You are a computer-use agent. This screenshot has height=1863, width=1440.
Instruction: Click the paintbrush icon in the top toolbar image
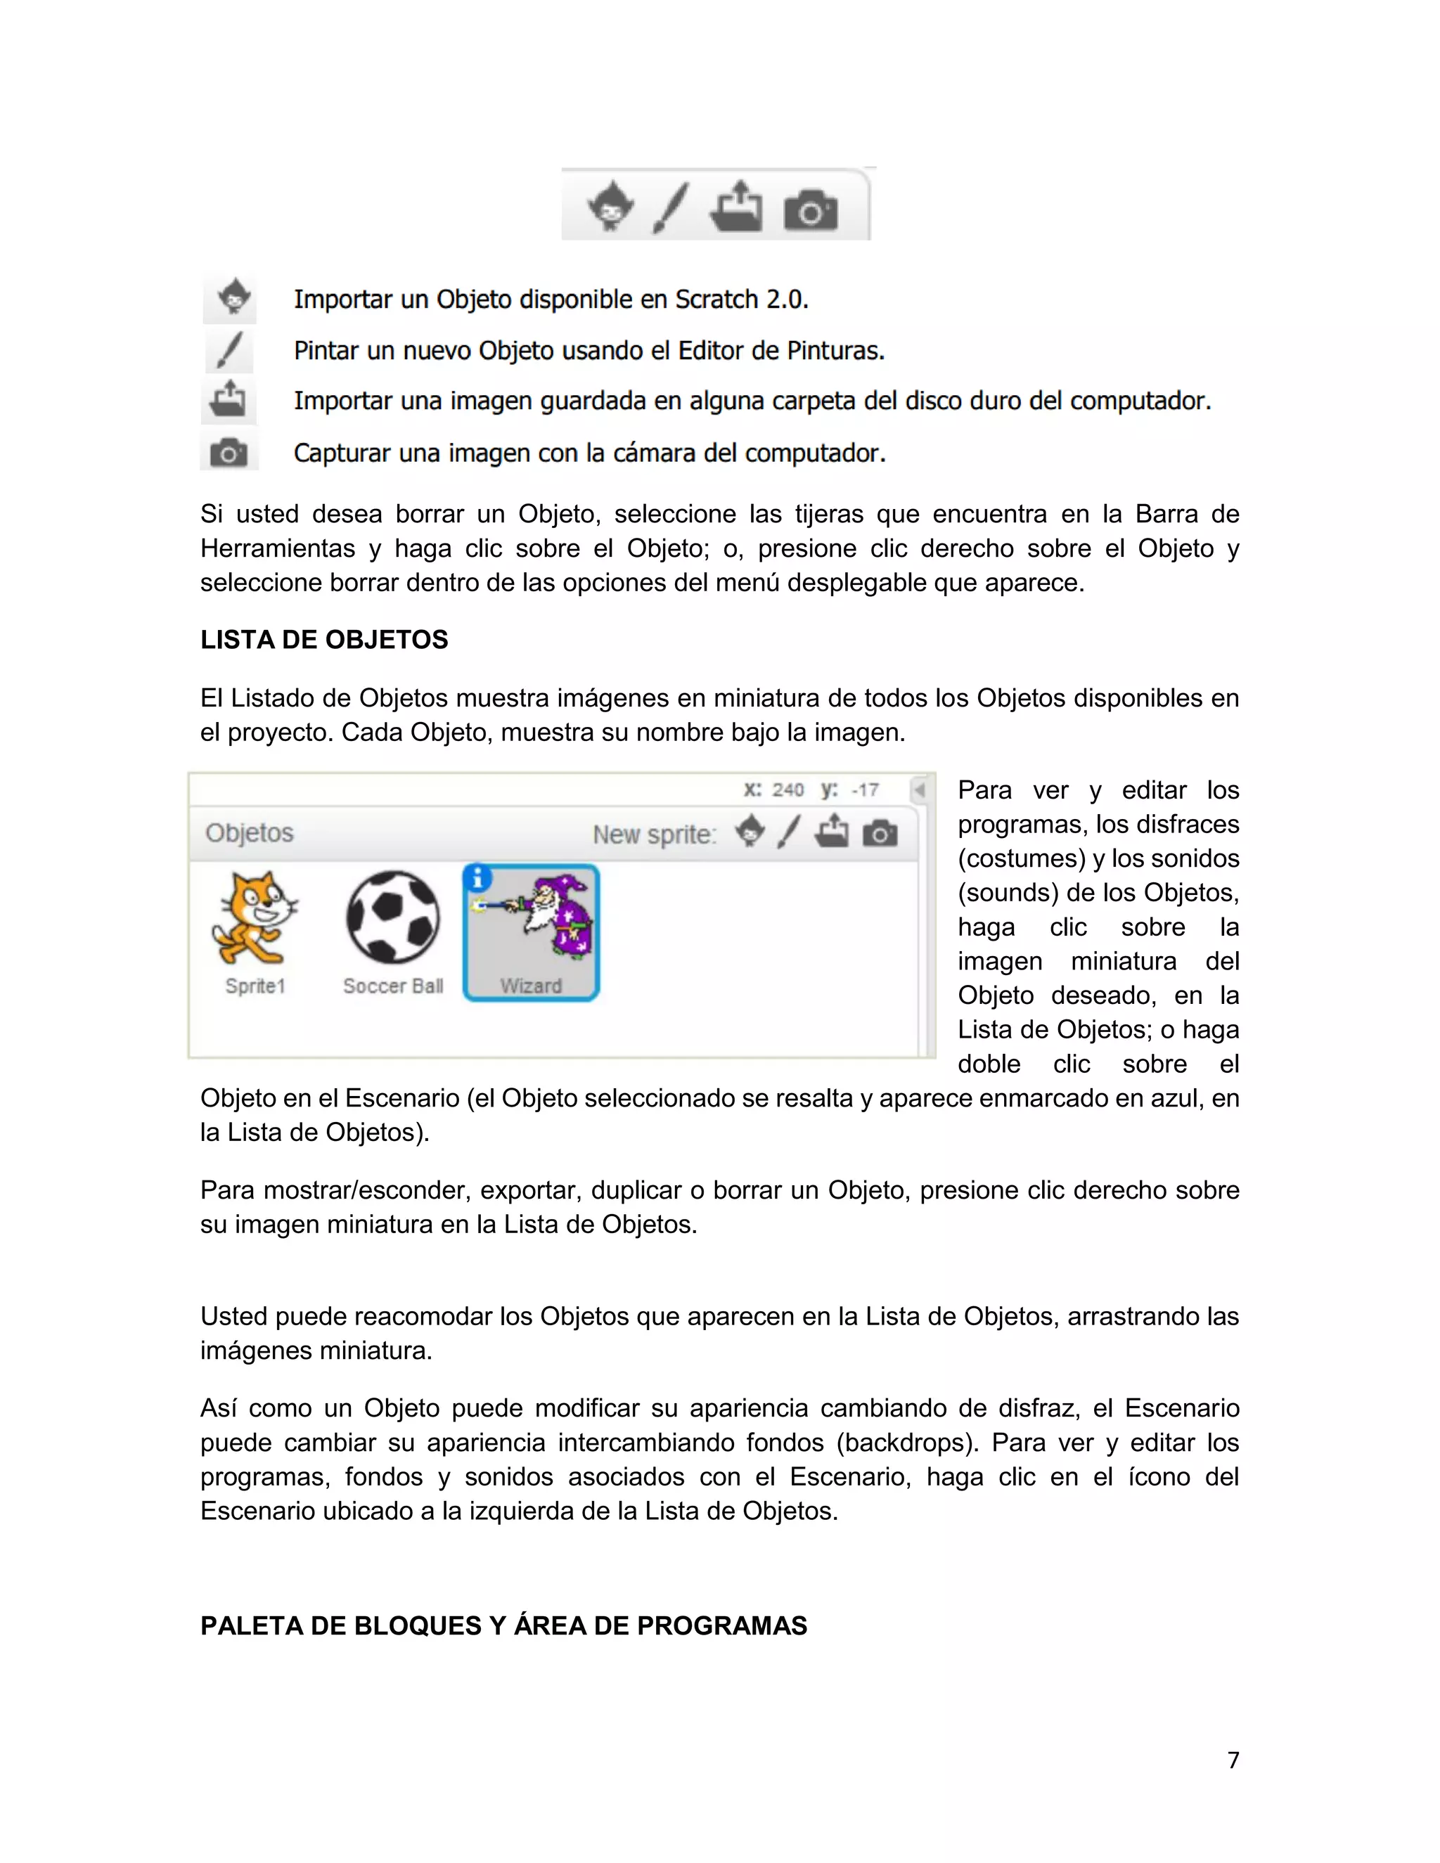tap(671, 207)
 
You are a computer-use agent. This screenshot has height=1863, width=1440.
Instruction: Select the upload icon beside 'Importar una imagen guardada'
tap(229, 400)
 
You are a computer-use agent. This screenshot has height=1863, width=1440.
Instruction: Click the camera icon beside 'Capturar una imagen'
tap(229, 452)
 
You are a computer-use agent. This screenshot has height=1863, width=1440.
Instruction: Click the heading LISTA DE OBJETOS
tap(324, 640)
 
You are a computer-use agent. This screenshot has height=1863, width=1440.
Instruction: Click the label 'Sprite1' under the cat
tap(255, 986)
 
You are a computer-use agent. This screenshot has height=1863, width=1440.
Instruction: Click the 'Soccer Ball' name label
tap(393, 986)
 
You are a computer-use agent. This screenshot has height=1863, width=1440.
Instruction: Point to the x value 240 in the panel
tap(787, 790)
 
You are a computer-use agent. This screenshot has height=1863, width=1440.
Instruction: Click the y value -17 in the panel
tap(865, 790)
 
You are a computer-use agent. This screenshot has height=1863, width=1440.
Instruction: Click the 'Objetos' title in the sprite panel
tap(249, 832)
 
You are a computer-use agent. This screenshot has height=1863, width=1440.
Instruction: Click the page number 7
tap(1233, 1760)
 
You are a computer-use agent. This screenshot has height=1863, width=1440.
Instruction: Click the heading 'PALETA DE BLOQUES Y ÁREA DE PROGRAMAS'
tap(503, 1626)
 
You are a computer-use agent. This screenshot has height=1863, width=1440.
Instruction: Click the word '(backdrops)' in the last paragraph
tap(906, 1443)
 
